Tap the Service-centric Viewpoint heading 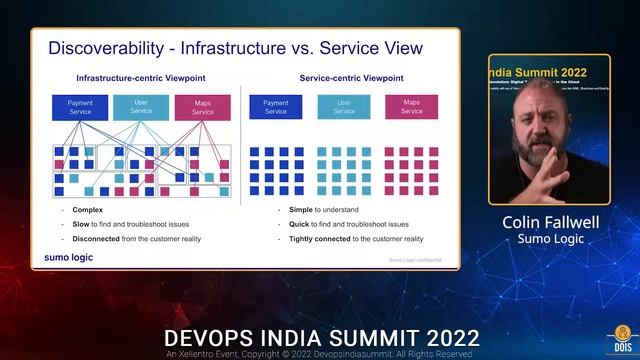pos(351,78)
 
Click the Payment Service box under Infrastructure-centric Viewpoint pos(80,107)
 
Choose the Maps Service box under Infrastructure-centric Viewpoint pos(203,107)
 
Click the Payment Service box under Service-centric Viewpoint pos(275,107)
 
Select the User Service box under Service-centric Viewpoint pos(344,107)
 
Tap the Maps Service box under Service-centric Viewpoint pos(411,107)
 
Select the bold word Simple pos(301,210)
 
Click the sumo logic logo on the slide pos(70,258)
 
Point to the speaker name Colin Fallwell pos(548,223)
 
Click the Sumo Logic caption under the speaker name pos(548,240)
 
